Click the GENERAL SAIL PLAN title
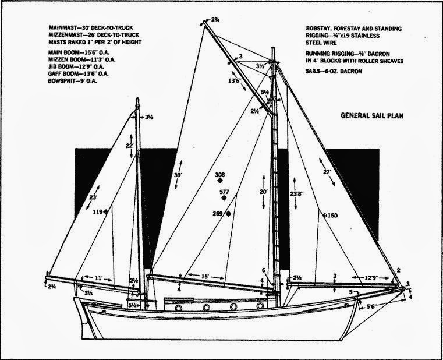372,116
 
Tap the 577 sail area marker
223,192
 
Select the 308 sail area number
220,175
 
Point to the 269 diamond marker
229,214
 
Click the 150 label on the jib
331,216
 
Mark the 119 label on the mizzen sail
97,213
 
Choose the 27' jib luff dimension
327,172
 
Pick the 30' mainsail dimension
178,175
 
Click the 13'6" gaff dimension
219,80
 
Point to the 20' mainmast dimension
263,192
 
